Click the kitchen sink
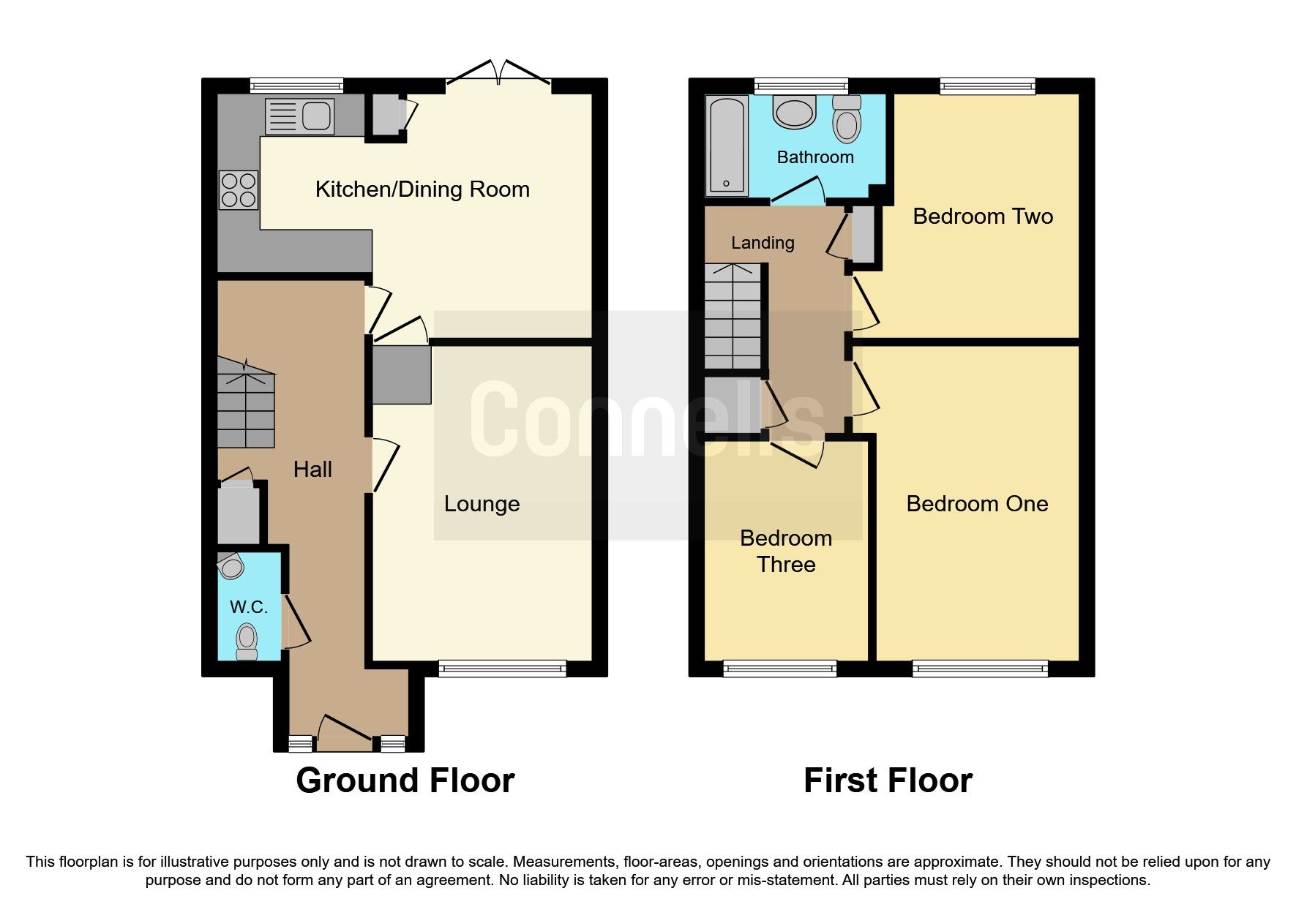299,116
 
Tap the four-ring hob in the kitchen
239,189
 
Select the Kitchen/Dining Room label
422,189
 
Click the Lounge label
482,504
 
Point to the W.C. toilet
247,641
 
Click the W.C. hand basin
231,565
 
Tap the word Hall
312,470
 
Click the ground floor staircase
247,406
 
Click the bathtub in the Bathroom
727,146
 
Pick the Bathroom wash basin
794,113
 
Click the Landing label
763,243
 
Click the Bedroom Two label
983,217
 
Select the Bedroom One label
977,504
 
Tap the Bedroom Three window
779,667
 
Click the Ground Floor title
405,780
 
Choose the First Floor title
888,780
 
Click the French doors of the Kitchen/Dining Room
498,76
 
